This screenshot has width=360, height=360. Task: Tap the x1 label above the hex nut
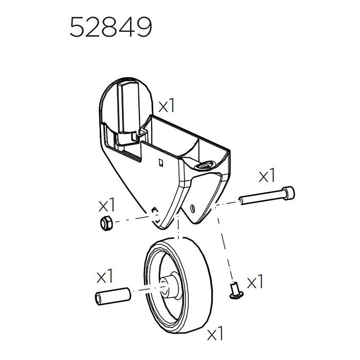click(x=106, y=206)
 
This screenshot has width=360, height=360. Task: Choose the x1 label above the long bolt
click(x=267, y=176)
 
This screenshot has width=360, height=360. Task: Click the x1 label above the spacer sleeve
click(x=104, y=277)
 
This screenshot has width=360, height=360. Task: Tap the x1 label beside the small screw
click(x=255, y=282)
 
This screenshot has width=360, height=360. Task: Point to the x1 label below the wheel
click(x=215, y=334)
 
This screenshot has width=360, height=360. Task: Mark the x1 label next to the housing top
click(x=167, y=106)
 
